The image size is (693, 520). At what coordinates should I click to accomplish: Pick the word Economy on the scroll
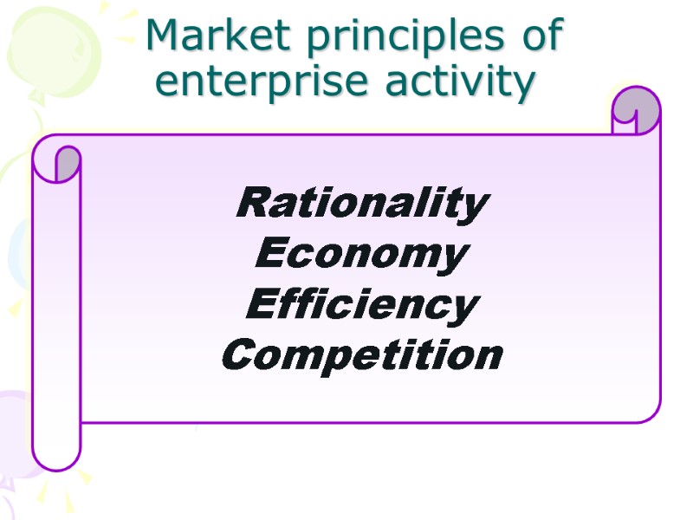[x=362, y=256]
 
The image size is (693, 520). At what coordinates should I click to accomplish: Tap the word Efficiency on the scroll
[x=362, y=306]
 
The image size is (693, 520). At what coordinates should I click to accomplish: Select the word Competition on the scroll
[x=362, y=355]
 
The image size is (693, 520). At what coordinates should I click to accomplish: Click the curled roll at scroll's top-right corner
[x=636, y=112]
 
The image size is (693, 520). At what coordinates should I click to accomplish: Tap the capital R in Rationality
[x=251, y=205]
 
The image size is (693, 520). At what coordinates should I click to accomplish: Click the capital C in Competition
[x=239, y=355]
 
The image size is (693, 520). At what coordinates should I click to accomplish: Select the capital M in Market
[x=165, y=36]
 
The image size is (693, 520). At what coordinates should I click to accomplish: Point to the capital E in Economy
[x=271, y=255]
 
